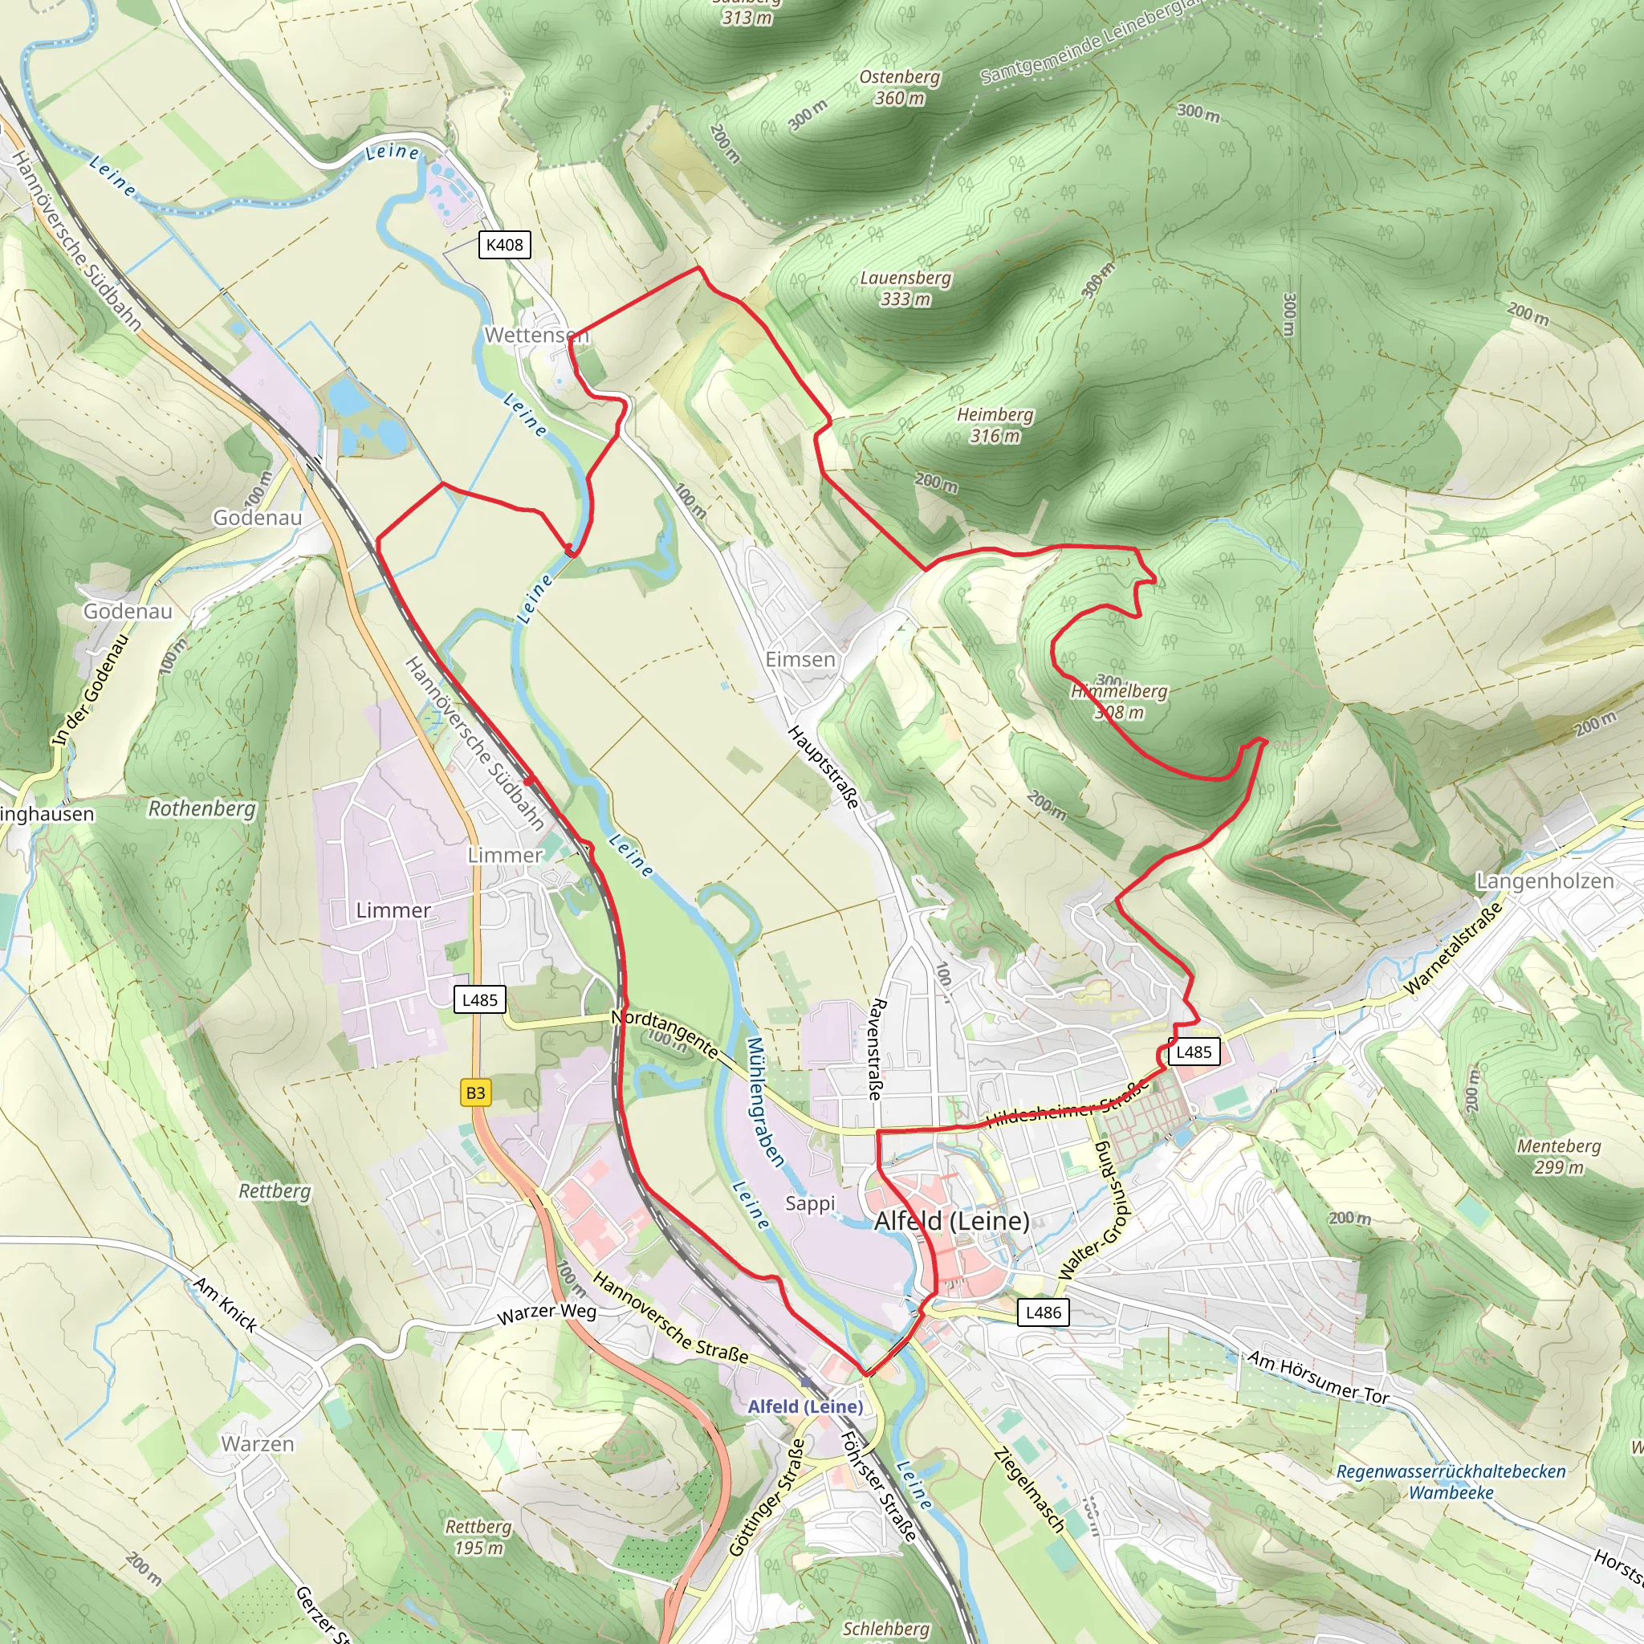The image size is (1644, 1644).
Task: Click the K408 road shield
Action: pyautogui.click(x=505, y=245)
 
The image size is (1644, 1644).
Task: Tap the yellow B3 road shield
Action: pyautogui.click(x=476, y=1093)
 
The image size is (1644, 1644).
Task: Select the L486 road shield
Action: pyautogui.click(x=1044, y=1312)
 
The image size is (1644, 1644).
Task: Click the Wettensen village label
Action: pyautogui.click(x=536, y=336)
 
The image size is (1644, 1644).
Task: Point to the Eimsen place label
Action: pyautogui.click(x=800, y=660)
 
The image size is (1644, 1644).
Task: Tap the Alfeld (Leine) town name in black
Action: pyautogui.click(x=951, y=1221)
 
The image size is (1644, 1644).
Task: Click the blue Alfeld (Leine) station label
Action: pyautogui.click(x=805, y=1406)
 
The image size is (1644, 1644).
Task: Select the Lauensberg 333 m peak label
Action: pyautogui.click(x=905, y=288)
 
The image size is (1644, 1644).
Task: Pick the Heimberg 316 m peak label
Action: pyautogui.click(x=995, y=425)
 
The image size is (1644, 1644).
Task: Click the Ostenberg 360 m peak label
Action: pyautogui.click(x=899, y=87)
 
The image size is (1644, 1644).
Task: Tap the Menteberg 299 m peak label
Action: pyautogui.click(x=1559, y=1157)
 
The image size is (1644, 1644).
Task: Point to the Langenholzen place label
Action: pyautogui.click(x=1544, y=881)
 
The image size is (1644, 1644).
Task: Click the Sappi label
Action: pyautogui.click(x=810, y=1203)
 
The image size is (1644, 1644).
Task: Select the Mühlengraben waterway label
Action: pyautogui.click(x=765, y=1101)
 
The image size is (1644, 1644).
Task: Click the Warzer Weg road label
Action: pyautogui.click(x=547, y=1313)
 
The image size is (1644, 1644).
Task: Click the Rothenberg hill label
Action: pyautogui.click(x=201, y=808)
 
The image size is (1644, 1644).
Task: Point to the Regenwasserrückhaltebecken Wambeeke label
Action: pyautogui.click(x=1451, y=1482)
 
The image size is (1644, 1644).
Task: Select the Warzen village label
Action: pyautogui.click(x=258, y=1444)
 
